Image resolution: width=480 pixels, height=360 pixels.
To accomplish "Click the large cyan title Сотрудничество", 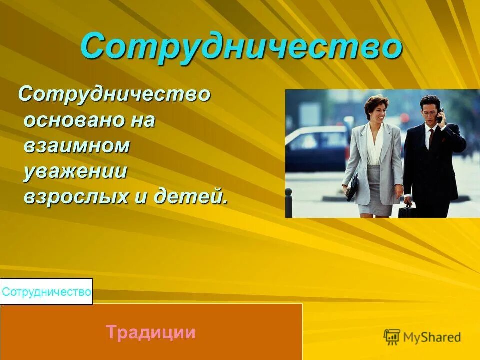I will coord(241,47).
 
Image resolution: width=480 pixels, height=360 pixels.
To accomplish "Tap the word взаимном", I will coord(77,146).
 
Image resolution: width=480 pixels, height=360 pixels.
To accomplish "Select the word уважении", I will coord(75,171).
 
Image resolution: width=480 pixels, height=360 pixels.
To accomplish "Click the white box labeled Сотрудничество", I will coord(46,292).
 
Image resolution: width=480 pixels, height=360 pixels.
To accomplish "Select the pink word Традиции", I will coord(150,332).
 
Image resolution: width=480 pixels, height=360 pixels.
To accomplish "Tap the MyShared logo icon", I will coord(392,337).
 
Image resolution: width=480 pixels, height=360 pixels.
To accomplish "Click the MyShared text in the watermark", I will coord(433,338).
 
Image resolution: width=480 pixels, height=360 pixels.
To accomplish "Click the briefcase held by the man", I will coord(407,209).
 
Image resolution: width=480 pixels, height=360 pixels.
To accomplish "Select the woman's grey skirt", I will coord(379,190).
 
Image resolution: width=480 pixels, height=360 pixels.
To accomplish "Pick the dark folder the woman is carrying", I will coord(352,187).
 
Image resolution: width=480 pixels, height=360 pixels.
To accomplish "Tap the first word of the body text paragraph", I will coord(114,94).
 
